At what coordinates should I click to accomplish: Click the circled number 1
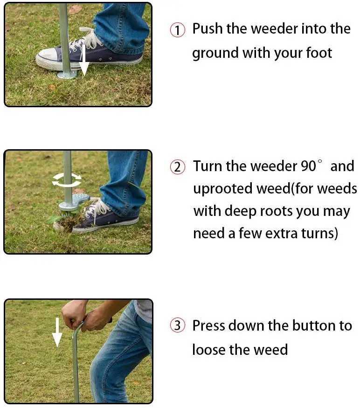coord(178,30)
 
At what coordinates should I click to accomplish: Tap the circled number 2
coord(178,167)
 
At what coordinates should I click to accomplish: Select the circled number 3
coord(178,325)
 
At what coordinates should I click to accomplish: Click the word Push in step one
coord(208,28)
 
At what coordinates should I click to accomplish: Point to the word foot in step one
coord(319,53)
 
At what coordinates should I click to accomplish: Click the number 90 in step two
coord(308,166)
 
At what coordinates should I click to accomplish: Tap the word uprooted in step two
coord(223,189)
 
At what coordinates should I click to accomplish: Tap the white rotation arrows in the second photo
coord(67,180)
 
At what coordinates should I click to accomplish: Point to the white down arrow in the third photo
coord(57,332)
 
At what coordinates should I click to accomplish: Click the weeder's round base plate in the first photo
coord(67,75)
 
